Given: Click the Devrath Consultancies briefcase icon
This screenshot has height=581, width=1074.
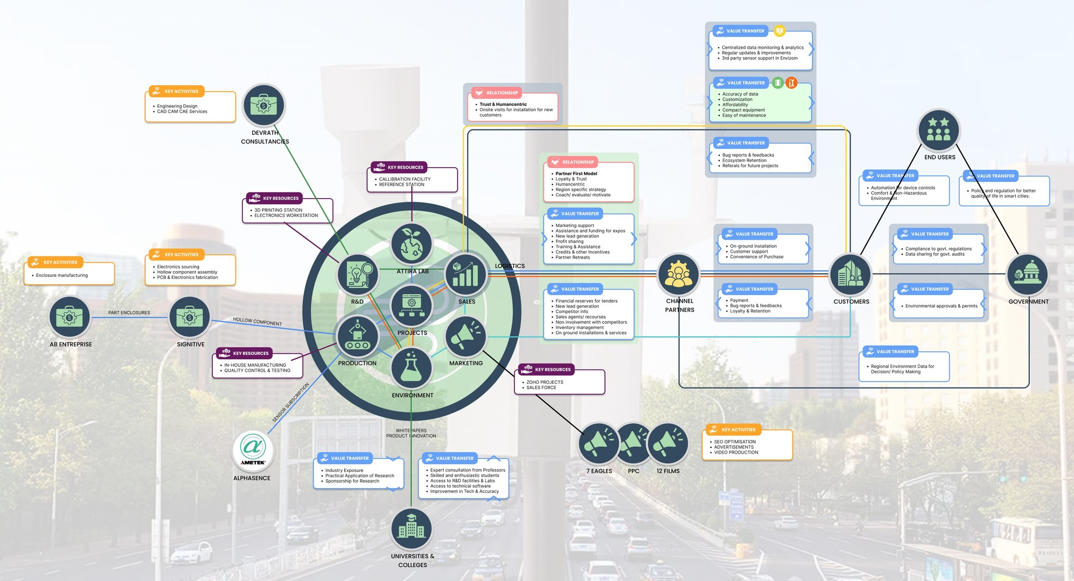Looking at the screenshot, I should point(264,105).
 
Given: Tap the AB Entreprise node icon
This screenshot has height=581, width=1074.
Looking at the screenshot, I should point(70,317).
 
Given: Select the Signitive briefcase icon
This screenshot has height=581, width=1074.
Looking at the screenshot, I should point(190,317).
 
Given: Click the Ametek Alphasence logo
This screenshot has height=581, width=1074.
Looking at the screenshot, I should point(253,450).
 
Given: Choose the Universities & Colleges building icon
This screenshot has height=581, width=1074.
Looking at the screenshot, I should point(412,529).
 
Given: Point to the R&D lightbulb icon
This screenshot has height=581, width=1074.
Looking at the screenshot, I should point(358,274).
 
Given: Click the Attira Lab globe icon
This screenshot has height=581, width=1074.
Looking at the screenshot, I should point(412,244).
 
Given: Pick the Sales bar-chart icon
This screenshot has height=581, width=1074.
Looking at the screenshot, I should point(466,274).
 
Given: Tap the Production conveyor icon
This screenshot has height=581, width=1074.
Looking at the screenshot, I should point(358,336).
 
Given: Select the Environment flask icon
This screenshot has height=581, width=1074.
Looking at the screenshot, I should point(412,368).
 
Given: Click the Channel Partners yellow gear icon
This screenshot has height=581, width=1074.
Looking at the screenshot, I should point(679,274).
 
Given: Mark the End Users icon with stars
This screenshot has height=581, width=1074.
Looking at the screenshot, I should point(939,130).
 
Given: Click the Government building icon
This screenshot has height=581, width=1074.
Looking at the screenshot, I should point(1027,274).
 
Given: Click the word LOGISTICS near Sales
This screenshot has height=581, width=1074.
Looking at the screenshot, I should point(510,266).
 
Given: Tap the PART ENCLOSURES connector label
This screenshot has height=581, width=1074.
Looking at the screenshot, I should point(129,313).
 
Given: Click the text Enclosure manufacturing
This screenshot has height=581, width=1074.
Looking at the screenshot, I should point(62,275).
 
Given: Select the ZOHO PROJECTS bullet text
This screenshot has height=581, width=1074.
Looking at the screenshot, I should point(545,382).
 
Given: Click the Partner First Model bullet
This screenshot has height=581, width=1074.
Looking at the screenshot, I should point(576,174).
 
